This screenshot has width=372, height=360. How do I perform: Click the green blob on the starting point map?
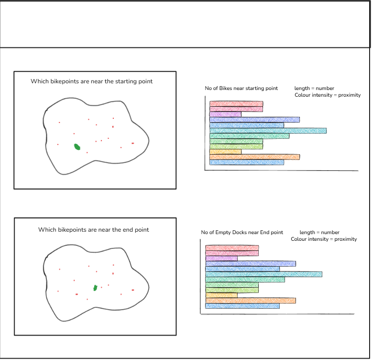click(x=77, y=147)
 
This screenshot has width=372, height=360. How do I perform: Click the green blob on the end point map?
click(x=95, y=287)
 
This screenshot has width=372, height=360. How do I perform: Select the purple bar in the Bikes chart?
click(x=225, y=114)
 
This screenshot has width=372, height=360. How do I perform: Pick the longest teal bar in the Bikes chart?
click(x=268, y=131)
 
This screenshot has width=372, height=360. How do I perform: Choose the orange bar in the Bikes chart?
click(x=254, y=157)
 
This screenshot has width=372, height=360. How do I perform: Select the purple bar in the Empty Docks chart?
click(x=221, y=259)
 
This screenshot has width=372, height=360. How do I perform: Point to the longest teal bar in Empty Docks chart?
click(x=263, y=274)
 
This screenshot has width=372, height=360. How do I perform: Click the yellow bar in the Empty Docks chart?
click(x=221, y=295)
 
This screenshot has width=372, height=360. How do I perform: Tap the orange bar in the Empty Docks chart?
click(x=251, y=301)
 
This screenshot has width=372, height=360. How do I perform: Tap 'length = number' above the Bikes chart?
click(x=314, y=89)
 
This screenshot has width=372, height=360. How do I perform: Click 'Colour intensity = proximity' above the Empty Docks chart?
click(x=324, y=239)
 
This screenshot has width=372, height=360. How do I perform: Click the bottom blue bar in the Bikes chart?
click(x=247, y=162)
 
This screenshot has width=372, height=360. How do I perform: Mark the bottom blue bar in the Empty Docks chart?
click(x=242, y=306)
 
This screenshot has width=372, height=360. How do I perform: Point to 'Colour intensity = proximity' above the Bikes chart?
click(x=328, y=95)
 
